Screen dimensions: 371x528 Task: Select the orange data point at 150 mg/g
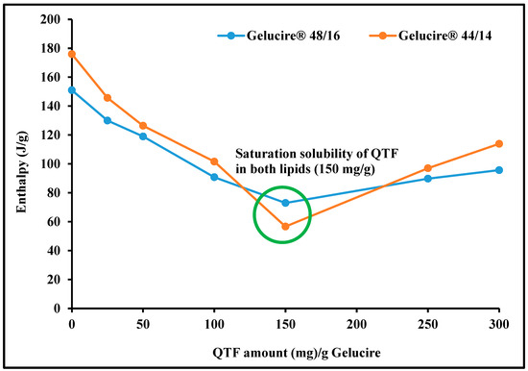point(285,227)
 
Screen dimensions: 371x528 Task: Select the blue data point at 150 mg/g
point(285,203)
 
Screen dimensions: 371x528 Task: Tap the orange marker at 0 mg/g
point(72,54)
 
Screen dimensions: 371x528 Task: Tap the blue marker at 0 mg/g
point(72,90)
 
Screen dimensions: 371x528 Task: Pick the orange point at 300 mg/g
point(499,144)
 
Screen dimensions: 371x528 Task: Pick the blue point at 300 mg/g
point(499,170)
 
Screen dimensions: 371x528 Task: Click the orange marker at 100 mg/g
point(214,161)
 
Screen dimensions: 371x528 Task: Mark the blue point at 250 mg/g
point(428,179)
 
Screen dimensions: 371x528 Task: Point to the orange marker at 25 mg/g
point(108,98)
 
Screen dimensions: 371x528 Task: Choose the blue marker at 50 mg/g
point(143,136)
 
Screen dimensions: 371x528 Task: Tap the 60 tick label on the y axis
point(54,222)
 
